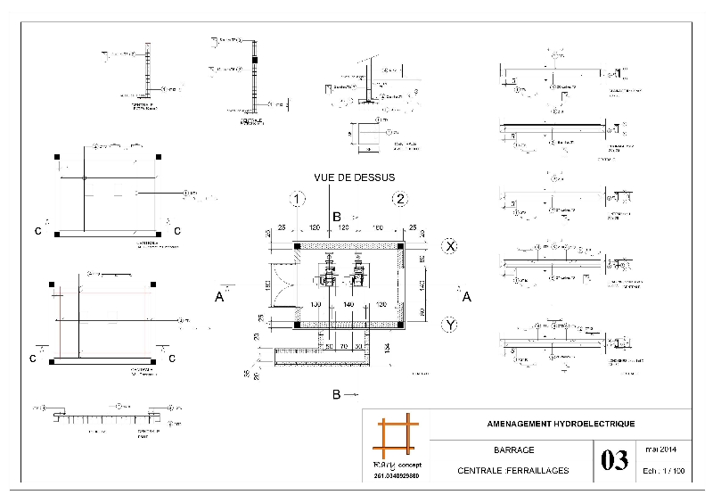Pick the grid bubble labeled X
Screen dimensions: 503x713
click(x=451, y=245)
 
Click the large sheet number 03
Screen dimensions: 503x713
click(x=614, y=461)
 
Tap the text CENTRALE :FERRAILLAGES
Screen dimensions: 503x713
click(x=512, y=471)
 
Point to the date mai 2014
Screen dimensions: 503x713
click(x=661, y=449)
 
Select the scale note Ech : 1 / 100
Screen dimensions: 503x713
click(x=661, y=471)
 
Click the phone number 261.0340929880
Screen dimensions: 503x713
click(x=395, y=478)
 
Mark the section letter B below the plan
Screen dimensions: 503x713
click(x=336, y=393)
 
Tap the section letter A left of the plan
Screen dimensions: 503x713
click(x=219, y=297)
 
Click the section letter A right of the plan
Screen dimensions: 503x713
click(x=465, y=297)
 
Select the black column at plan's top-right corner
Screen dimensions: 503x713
click(x=400, y=245)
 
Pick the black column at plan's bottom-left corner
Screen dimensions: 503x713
click(x=298, y=325)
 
